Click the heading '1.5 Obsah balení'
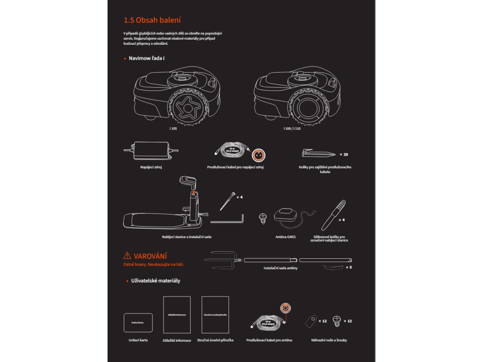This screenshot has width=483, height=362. click(152, 20)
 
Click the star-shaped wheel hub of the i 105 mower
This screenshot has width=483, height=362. click(188, 107)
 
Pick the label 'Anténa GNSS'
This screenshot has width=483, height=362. click(285, 238)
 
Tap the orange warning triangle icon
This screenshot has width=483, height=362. click(127, 255)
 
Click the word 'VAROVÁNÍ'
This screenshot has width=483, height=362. click(151, 256)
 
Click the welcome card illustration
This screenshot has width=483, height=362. click(138, 322)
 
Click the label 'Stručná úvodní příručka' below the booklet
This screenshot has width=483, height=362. click(216, 340)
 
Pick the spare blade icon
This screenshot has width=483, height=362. click(311, 321)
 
